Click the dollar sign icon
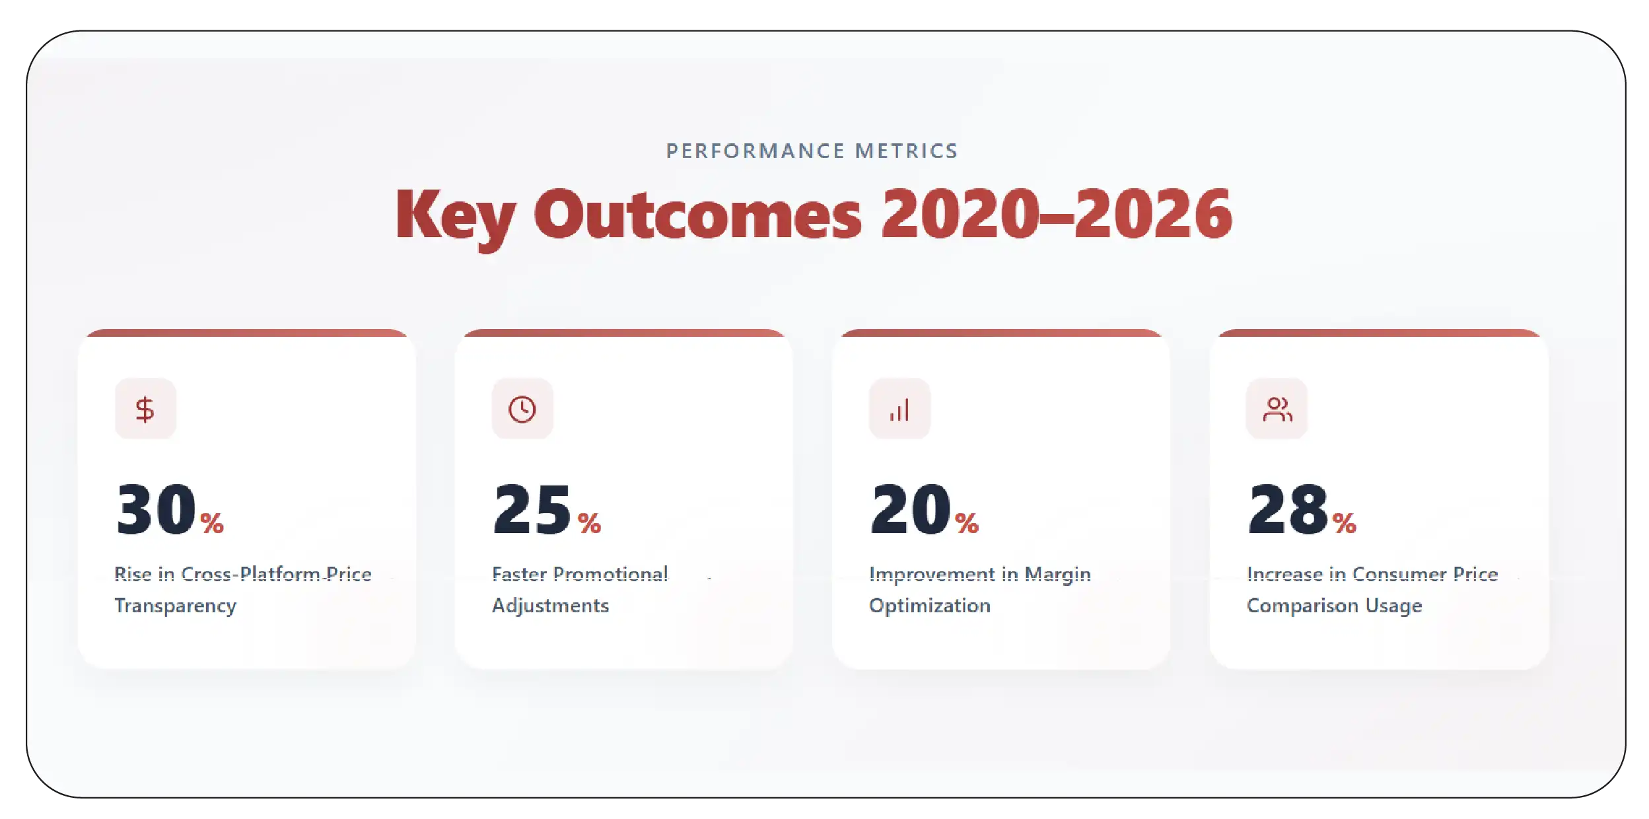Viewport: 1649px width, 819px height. [145, 409]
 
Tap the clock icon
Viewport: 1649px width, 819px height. [522, 409]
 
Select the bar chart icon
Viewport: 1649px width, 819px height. [899, 409]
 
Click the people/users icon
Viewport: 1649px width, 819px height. [1277, 409]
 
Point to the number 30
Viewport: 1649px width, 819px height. [156, 509]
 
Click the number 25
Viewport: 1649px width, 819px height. [532, 509]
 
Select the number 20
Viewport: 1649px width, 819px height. [910, 509]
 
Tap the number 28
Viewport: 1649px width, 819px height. [1288, 509]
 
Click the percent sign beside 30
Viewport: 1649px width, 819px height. [212, 524]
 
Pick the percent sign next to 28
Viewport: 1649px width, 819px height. [1345, 524]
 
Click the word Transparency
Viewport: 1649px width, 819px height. [175, 606]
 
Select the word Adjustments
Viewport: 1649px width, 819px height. [550, 606]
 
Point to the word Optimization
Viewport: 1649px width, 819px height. [929, 606]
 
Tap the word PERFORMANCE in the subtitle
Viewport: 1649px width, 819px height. [755, 151]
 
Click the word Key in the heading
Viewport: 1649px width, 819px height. [455, 215]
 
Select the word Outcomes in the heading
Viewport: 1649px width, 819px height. [697, 215]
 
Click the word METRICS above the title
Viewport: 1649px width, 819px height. [906, 151]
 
